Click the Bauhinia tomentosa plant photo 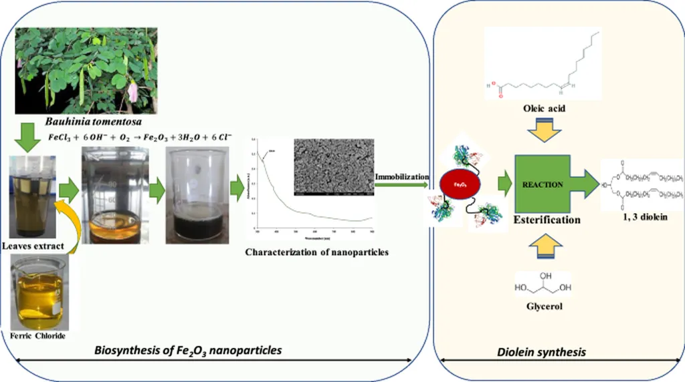pos(86,70)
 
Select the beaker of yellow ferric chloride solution pos(39,294)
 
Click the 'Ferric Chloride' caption pos(39,335)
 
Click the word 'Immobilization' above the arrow pos(401,176)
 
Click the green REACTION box pos(543,184)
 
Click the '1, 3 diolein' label pos(643,216)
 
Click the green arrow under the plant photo pos(27,139)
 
